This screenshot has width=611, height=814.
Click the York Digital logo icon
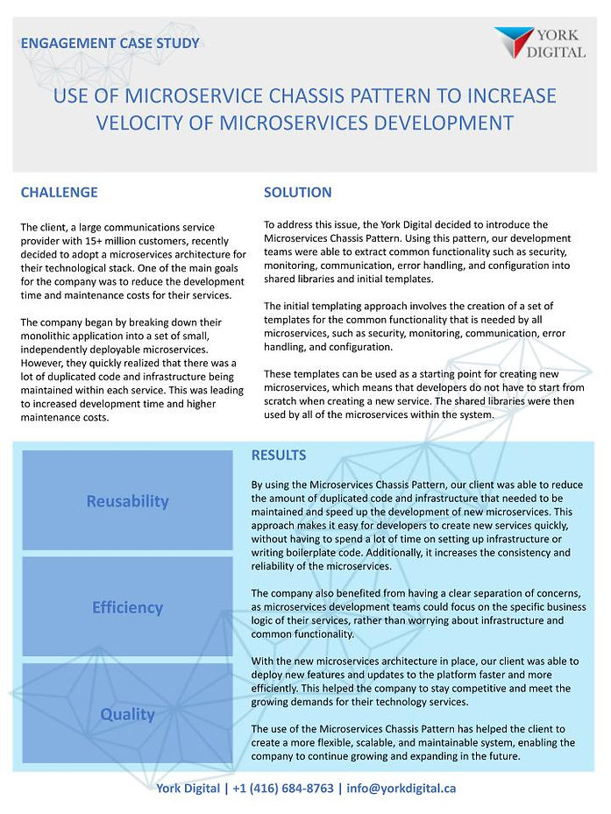tap(514, 42)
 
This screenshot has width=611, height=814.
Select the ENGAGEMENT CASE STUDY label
tap(110, 43)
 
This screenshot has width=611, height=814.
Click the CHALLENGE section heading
tap(59, 193)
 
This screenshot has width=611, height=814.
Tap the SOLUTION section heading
tap(297, 193)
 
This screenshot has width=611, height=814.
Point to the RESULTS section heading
tap(278, 456)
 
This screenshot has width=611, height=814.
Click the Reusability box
tap(127, 501)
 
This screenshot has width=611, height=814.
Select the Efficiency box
tap(127, 607)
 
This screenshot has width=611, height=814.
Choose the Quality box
tap(127, 714)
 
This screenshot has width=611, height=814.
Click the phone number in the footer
tap(283, 788)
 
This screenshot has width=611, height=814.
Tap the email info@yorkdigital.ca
tap(401, 788)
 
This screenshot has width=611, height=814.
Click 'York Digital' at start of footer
tap(187, 788)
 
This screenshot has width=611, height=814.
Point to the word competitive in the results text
tap(472, 688)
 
